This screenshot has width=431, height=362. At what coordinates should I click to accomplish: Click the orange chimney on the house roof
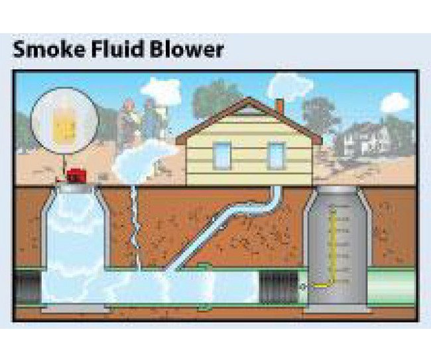click(x=279, y=106)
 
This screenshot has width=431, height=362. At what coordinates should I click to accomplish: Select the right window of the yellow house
click(x=275, y=155)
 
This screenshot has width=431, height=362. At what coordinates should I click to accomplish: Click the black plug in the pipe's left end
click(x=27, y=287)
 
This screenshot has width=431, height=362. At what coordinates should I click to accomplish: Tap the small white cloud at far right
click(x=395, y=102)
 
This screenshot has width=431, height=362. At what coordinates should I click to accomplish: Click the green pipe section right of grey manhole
click(x=391, y=287)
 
